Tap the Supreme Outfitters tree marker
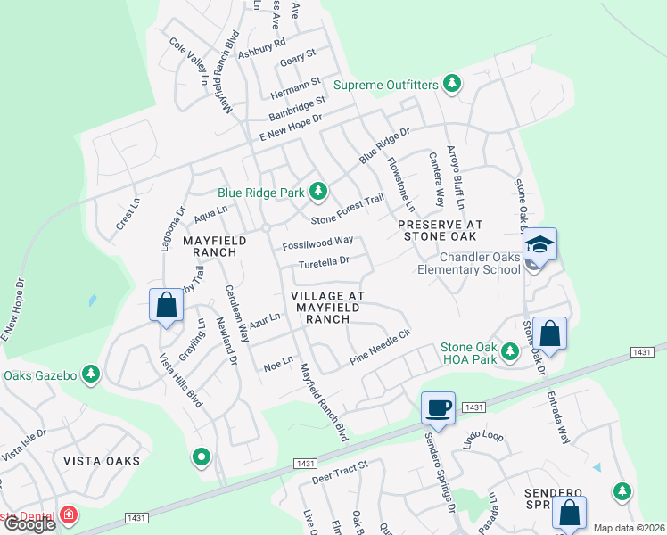pyautogui.click(x=453, y=85)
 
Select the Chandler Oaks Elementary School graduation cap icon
pyautogui.click(x=540, y=243)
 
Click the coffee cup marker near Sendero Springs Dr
pyautogui.click(x=437, y=407)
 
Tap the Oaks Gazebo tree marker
pyautogui.click(x=90, y=374)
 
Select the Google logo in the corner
pyautogui.click(x=29, y=524)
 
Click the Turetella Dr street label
pyautogui.click(x=323, y=263)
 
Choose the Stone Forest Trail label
pyautogui.click(x=347, y=210)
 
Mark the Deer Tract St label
pyautogui.click(x=340, y=473)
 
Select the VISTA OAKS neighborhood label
pyautogui.click(x=102, y=461)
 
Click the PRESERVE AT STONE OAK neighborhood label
pyautogui.click(x=440, y=230)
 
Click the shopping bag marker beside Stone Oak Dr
pyautogui.click(x=551, y=334)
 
